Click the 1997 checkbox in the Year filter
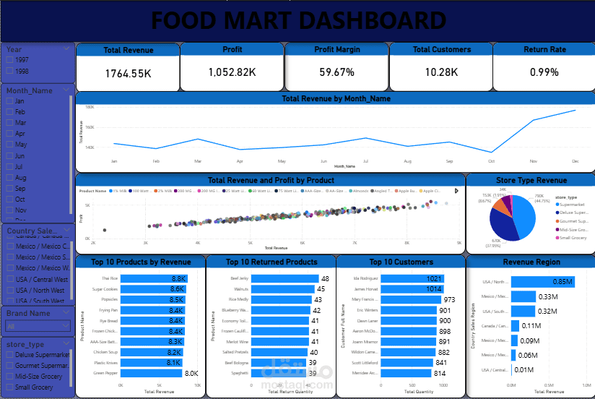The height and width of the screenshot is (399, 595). coord(9,61)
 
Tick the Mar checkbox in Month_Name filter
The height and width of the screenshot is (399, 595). coord(9,123)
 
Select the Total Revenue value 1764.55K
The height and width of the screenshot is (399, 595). coord(128,73)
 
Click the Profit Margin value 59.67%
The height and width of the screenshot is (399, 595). coord(336,72)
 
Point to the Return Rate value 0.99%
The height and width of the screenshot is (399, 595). coord(544,72)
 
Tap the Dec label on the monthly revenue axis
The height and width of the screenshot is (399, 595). coord(575,161)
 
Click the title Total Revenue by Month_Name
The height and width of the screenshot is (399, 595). coord(336,98)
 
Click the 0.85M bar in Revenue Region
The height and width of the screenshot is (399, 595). coord(542,282)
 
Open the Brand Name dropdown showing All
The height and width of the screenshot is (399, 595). coord(38,327)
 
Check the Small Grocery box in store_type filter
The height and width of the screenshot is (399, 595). coord(9,387)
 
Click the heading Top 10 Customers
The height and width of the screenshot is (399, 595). coord(400,262)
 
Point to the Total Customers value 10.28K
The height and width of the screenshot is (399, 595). coord(441,72)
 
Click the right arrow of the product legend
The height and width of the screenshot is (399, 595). coord(456,191)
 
